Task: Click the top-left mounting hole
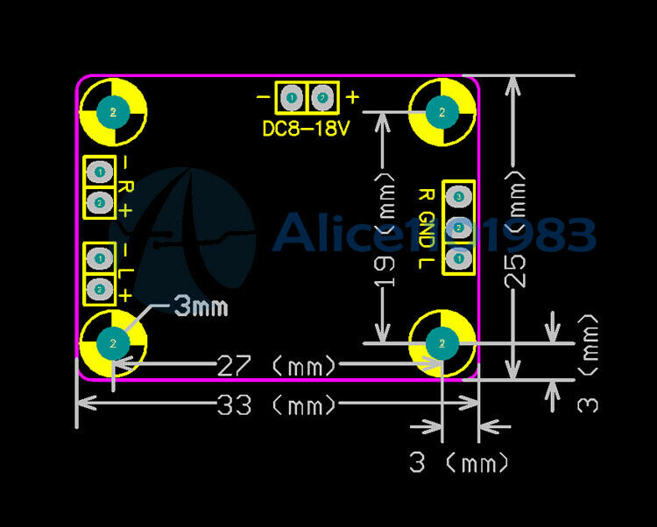click(x=113, y=111)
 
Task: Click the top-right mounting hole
click(x=442, y=111)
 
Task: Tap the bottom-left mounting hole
click(x=113, y=342)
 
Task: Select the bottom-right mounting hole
click(x=442, y=342)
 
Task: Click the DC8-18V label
click(x=306, y=129)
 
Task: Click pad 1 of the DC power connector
click(x=291, y=97)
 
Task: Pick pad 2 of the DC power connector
click(x=322, y=97)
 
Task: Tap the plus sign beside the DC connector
click(x=352, y=97)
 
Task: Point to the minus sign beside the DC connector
click(x=263, y=97)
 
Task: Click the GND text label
click(x=427, y=227)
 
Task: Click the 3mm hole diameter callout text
click(x=201, y=306)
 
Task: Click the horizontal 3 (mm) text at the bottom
click(x=458, y=462)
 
